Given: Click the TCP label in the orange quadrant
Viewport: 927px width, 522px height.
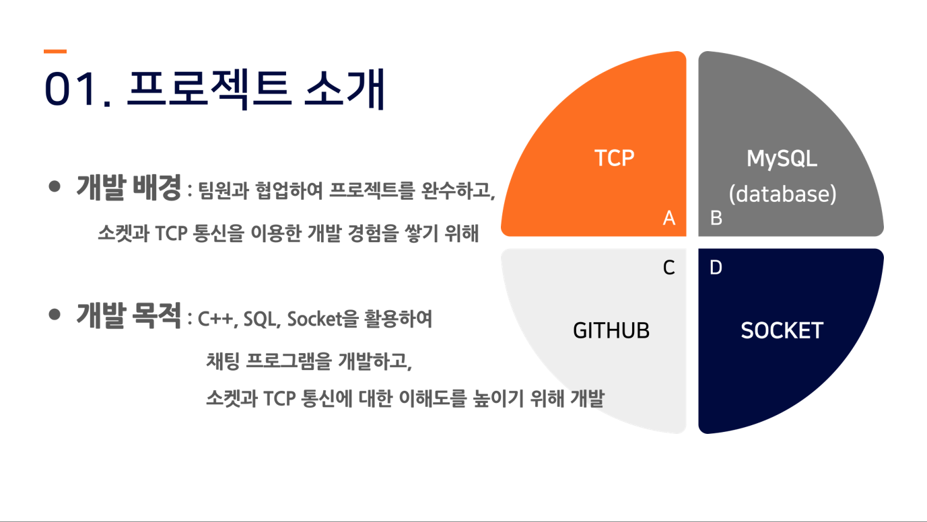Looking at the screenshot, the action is point(614,158).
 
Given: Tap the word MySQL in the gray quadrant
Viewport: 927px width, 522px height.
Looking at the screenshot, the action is point(782,159).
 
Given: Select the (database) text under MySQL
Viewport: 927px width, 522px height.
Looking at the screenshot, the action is point(782,194).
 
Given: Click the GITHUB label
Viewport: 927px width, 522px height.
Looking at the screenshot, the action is point(611,330).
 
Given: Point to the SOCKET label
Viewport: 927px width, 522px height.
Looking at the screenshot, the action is point(782,330).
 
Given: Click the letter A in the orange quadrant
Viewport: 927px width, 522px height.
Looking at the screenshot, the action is point(669,218).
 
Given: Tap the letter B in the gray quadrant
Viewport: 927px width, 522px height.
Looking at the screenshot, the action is point(716,218).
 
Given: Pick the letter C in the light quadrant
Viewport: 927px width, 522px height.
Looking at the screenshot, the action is point(668,267).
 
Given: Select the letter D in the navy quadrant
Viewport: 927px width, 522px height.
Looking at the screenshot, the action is point(716,267).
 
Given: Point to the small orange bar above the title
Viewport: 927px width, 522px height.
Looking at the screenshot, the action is point(55,51).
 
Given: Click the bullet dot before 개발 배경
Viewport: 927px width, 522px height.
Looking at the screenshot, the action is point(55,186).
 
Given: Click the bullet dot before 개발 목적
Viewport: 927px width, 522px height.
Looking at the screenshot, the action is point(55,314).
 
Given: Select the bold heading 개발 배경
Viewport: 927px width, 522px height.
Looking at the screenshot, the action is point(129,188).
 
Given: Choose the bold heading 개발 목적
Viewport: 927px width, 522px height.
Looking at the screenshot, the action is point(129,315).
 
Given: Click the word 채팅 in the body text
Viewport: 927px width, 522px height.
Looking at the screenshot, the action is point(223,361).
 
